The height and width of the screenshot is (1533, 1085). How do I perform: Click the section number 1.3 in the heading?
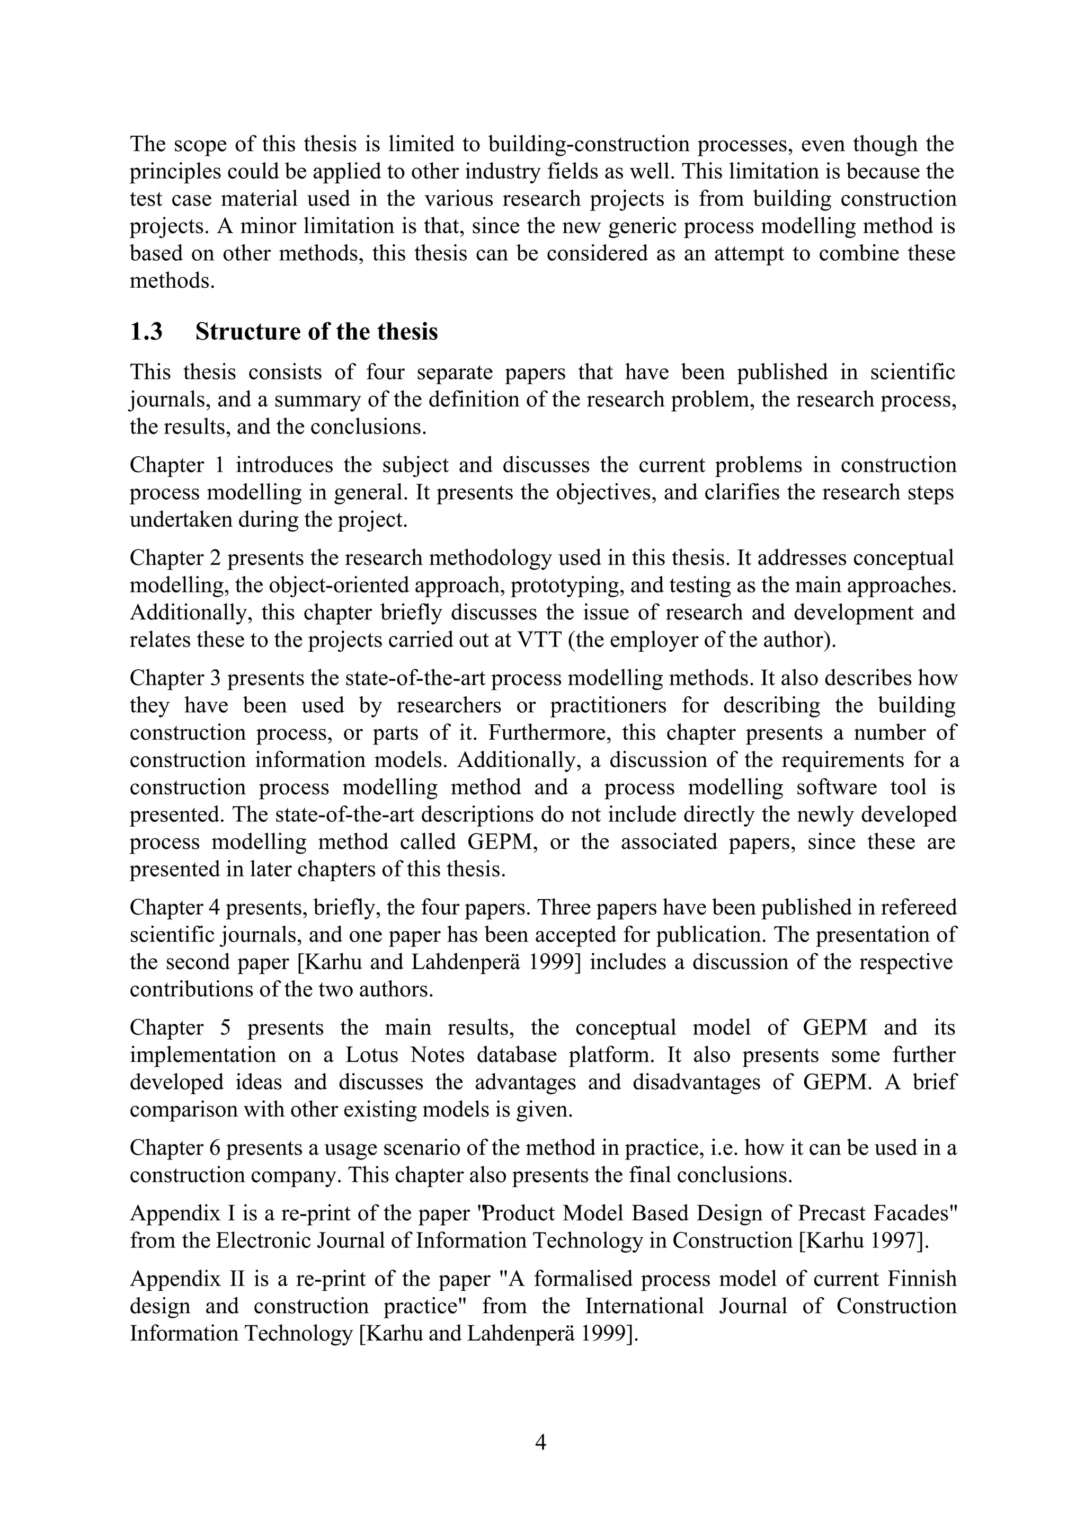tap(146, 332)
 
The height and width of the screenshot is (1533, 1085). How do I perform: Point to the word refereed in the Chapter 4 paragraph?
tap(919, 908)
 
